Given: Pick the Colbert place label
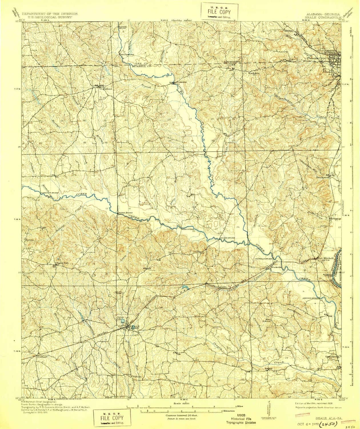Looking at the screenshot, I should point(42,357).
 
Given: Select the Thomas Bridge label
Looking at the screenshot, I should point(125,213).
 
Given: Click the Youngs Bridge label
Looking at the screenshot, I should point(225,238).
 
